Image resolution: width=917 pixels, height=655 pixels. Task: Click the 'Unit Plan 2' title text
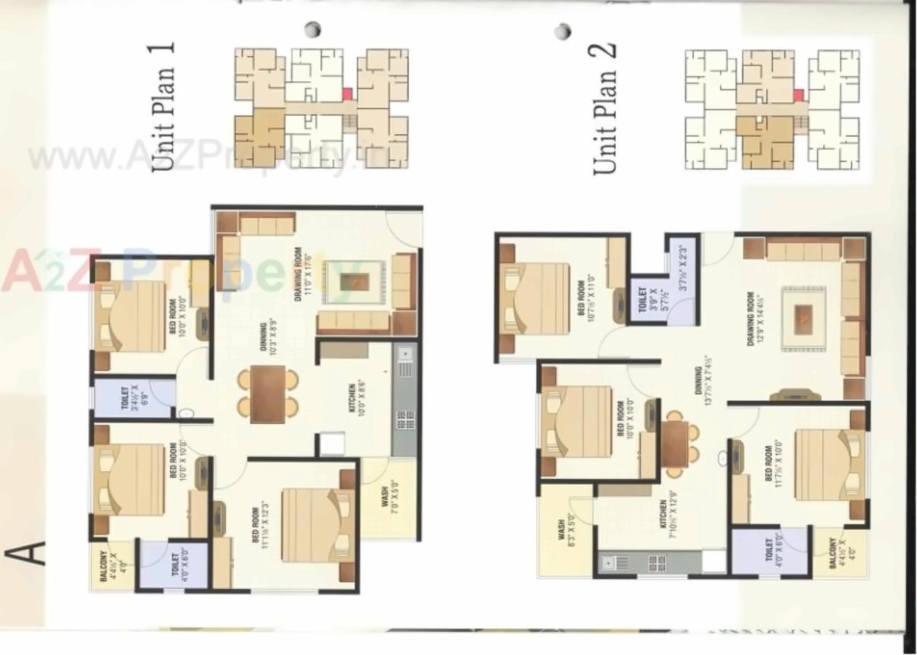coord(605,109)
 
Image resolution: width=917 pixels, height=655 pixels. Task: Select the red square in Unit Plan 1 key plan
coord(347,93)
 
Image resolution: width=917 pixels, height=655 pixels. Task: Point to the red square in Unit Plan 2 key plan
coord(798,95)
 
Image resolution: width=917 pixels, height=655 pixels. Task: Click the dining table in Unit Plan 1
coord(268,394)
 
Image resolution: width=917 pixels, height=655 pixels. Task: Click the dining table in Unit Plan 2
coord(675,443)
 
